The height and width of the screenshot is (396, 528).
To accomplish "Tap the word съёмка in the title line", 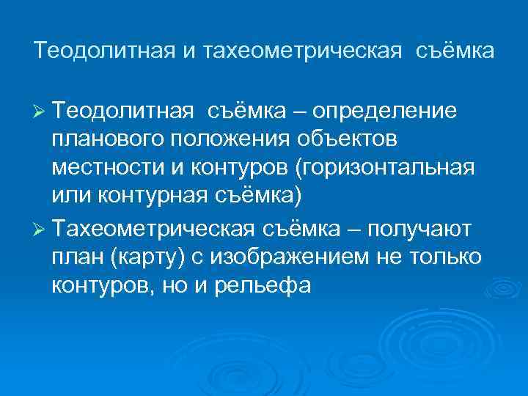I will pyautogui.click(x=455, y=51).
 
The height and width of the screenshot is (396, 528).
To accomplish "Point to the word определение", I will pyautogui.click(x=385, y=111).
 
